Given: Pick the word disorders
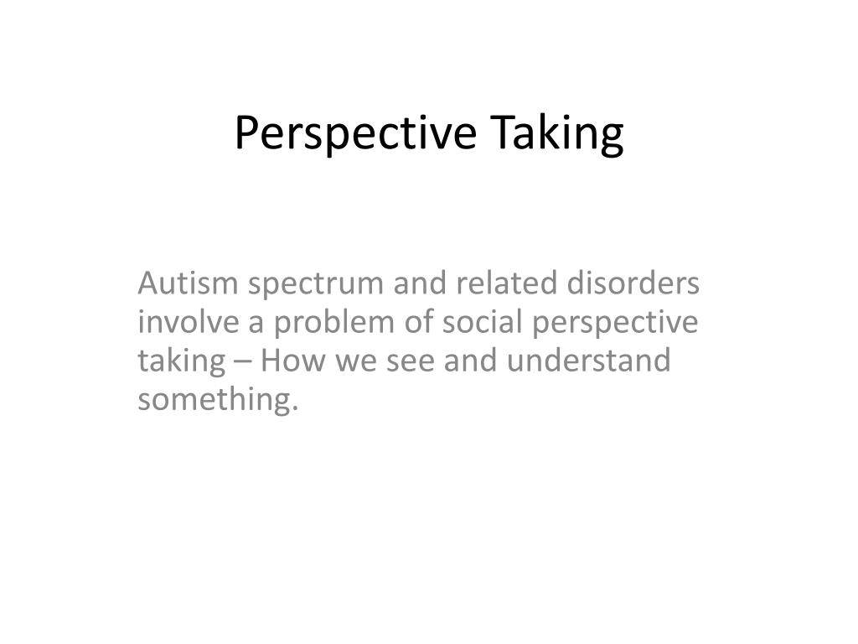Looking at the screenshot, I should click(633, 285).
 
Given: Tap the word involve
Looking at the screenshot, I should click(182, 323).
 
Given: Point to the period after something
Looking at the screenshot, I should click(296, 409).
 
